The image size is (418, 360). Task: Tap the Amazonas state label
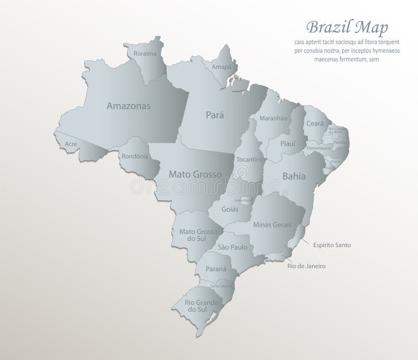(x=129, y=106)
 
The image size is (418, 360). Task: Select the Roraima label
(x=145, y=53)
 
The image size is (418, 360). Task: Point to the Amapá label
(x=222, y=67)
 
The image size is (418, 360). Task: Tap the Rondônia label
(x=135, y=156)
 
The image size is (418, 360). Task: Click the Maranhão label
(x=273, y=119)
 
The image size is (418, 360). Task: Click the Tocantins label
(x=249, y=159)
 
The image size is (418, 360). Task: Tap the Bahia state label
(x=294, y=177)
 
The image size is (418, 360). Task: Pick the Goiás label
(x=230, y=209)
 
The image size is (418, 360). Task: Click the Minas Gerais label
(x=272, y=225)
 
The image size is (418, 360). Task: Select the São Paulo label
(x=232, y=247)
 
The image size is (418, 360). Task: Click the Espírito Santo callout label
(x=332, y=245)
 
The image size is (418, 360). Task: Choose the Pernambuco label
(x=318, y=148)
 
